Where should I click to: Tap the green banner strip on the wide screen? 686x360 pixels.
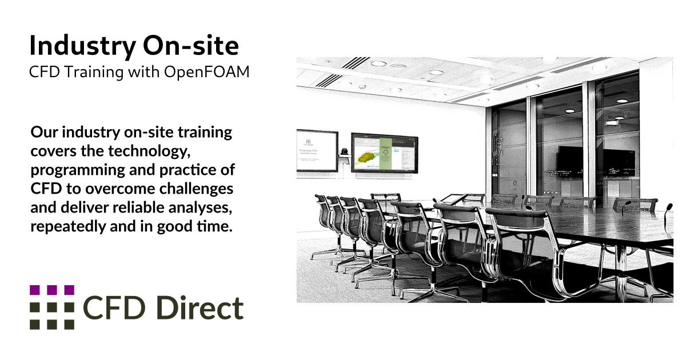pos(384,153)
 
